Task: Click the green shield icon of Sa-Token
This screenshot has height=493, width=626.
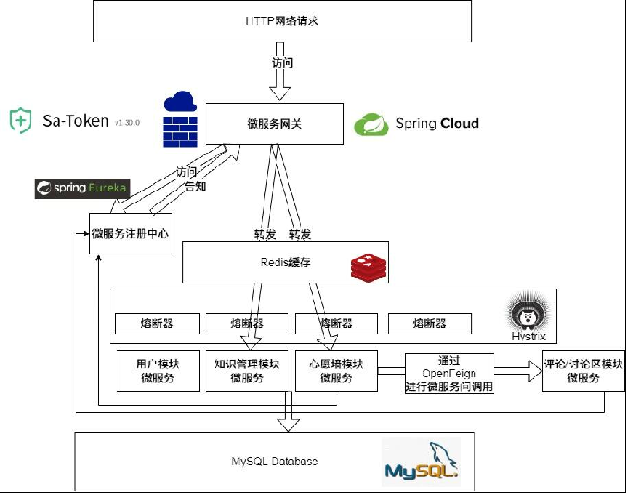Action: click(x=21, y=121)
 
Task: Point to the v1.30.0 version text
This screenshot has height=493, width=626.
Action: click(x=126, y=122)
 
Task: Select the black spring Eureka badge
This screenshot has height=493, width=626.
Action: click(x=82, y=189)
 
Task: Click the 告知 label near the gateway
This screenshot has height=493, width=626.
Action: click(x=195, y=186)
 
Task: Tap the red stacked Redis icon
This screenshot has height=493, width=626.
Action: click(x=368, y=267)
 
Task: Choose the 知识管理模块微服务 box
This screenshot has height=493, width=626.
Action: click(x=247, y=371)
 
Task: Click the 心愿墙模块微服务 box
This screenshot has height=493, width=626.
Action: click(x=336, y=371)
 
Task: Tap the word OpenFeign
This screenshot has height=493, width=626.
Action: click(x=448, y=374)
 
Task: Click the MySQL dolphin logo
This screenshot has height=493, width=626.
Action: click(x=421, y=462)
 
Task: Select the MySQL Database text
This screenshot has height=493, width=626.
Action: click(x=275, y=461)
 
